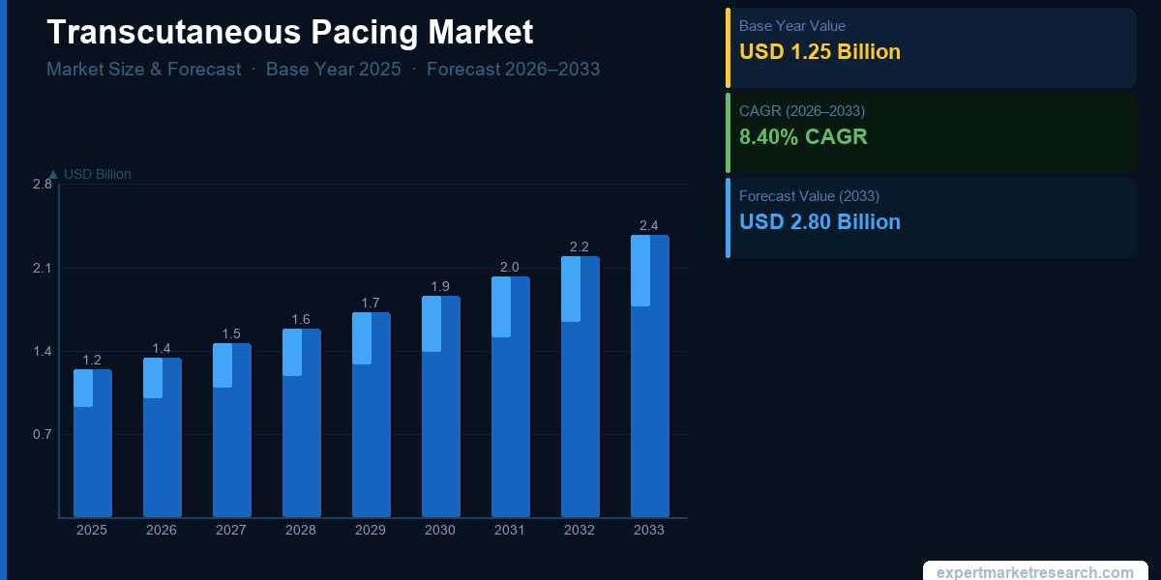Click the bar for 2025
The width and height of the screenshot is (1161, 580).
pyautogui.click(x=93, y=444)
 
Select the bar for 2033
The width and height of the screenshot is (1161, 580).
pyautogui.click(x=649, y=376)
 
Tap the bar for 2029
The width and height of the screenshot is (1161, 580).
pyautogui.click(x=371, y=415)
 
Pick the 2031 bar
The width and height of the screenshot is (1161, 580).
pyautogui.click(x=510, y=397)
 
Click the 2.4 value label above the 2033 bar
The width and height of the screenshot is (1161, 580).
pyautogui.click(x=649, y=226)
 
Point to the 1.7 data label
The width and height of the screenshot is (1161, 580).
pyautogui.click(x=371, y=304)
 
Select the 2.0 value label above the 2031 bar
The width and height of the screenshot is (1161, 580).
pyautogui.click(x=510, y=268)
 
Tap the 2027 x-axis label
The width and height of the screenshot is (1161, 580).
pyautogui.click(x=231, y=530)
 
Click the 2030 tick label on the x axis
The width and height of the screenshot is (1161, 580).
pyautogui.click(x=440, y=530)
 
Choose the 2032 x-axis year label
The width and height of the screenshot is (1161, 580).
pyautogui.click(x=580, y=530)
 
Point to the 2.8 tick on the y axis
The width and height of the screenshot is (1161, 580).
pyautogui.click(x=43, y=184)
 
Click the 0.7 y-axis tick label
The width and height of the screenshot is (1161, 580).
pyautogui.click(x=43, y=434)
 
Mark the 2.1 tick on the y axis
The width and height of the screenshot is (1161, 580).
pyautogui.click(x=43, y=268)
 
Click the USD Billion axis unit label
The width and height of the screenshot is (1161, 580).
pyautogui.click(x=97, y=174)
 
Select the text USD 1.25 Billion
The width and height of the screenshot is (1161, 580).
pyautogui.click(x=819, y=52)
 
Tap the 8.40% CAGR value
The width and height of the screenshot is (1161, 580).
pyautogui.click(x=803, y=137)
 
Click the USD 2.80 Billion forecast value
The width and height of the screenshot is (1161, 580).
pyautogui.click(x=819, y=222)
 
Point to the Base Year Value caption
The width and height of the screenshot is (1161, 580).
pyautogui.click(x=791, y=26)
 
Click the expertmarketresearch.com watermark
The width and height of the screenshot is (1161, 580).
pyautogui.click(x=1035, y=572)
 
